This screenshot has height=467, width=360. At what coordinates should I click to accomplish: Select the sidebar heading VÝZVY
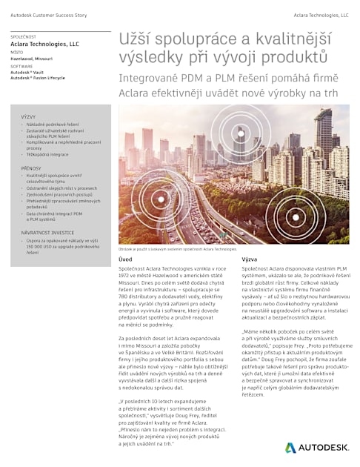point(29,117)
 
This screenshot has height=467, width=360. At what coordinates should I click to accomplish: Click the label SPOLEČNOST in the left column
point(24,36)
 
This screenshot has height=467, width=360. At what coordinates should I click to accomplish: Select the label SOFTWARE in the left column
point(21,66)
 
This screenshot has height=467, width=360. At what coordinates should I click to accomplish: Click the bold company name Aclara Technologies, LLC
point(44,44)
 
